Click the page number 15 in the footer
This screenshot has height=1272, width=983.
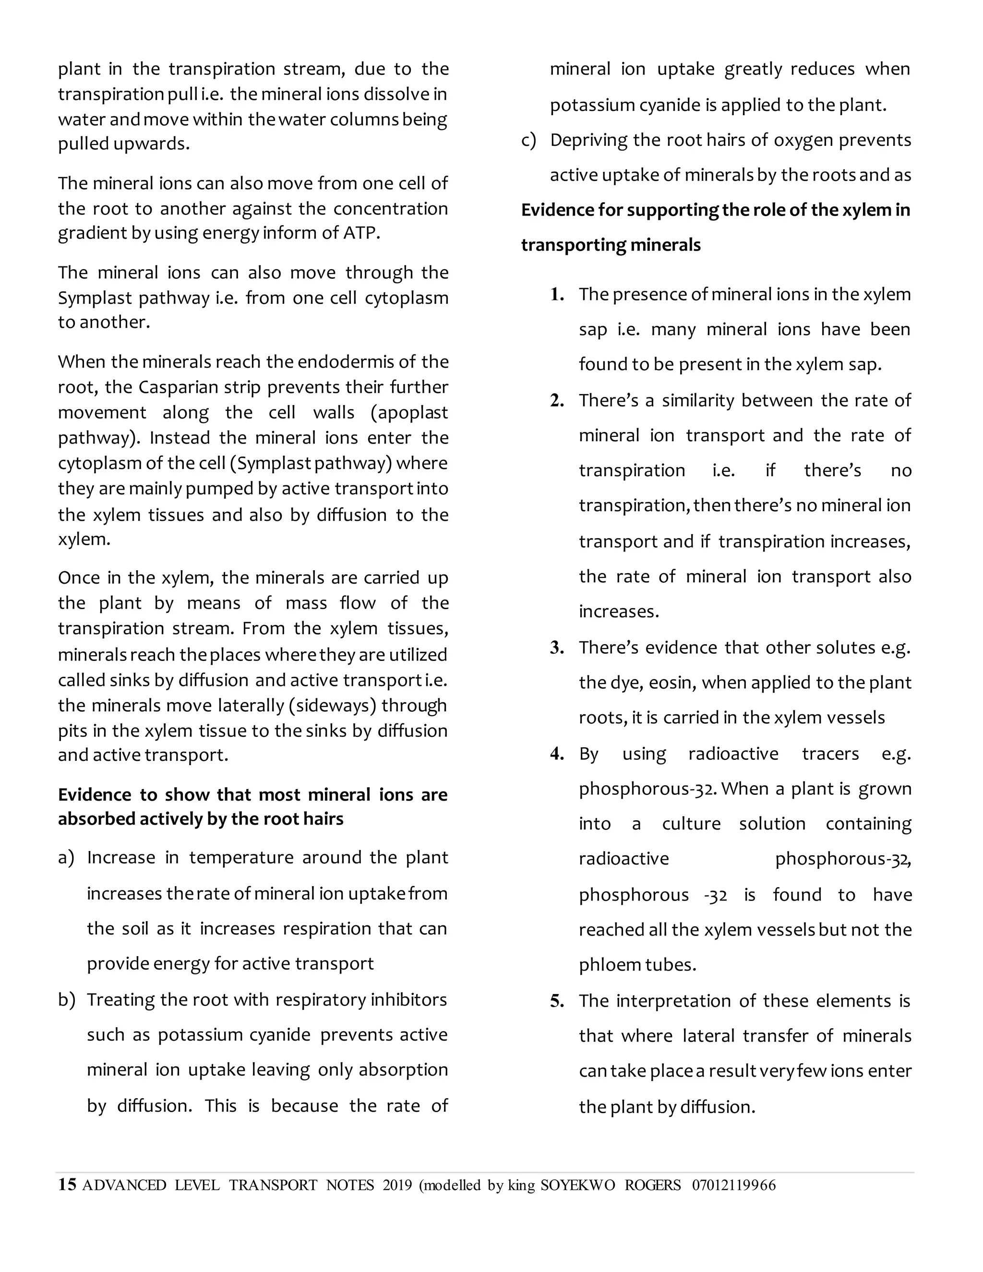click(x=67, y=1185)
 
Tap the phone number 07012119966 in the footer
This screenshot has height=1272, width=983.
click(x=734, y=1185)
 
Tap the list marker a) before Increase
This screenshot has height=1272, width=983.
click(x=66, y=857)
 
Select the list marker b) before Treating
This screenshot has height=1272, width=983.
click(x=66, y=999)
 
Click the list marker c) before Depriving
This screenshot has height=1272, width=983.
click(x=528, y=140)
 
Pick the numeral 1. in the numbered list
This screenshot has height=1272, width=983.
click(x=557, y=295)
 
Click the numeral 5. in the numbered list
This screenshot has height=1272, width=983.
click(x=557, y=1001)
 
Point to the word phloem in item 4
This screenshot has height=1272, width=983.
click(x=606, y=965)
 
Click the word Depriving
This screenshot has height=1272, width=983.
click(x=588, y=140)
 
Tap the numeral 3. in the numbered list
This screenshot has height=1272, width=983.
click(x=557, y=648)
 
